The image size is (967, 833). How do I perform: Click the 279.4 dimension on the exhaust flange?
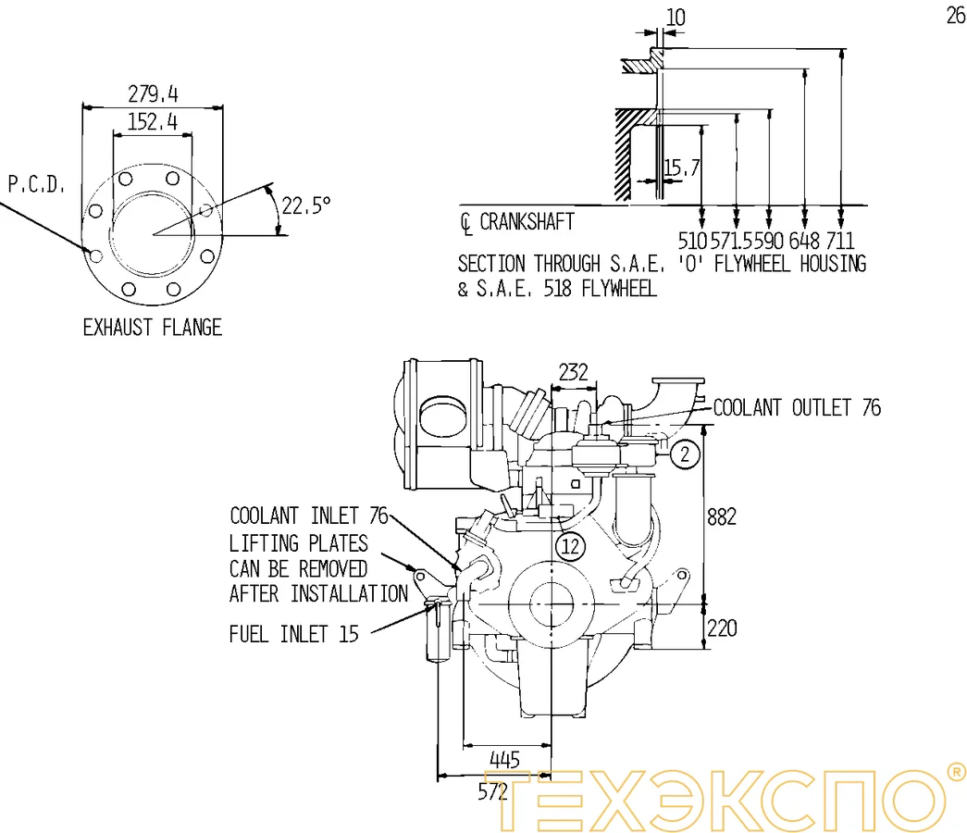point(153,93)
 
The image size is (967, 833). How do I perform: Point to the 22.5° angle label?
point(306,205)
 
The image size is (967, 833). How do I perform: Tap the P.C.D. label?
point(37,185)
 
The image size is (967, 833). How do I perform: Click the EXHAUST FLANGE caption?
point(153,327)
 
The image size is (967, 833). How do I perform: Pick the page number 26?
point(955,16)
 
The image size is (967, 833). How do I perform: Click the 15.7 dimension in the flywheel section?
point(681,168)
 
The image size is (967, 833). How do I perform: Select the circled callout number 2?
point(684,454)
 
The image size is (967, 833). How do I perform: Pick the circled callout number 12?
point(571,546)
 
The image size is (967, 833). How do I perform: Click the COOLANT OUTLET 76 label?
point(797,407)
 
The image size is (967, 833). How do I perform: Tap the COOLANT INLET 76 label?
point(308,516)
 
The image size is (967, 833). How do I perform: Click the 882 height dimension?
point(722,516)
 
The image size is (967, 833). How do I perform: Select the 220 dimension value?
point(722,628)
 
